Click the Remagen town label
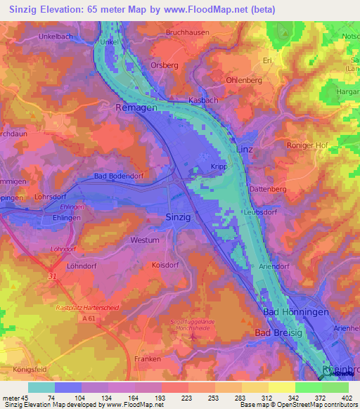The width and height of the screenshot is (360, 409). click(x=135, y=109)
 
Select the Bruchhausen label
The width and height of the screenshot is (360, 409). click(x=188, y=32)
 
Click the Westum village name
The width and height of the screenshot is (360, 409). click(x=144, y=240)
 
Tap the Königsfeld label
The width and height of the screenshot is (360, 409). click(x=32, y=369)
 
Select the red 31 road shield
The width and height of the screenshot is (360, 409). click(x=53, y=277)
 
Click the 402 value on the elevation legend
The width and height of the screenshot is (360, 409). click(x=347, y=398)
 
